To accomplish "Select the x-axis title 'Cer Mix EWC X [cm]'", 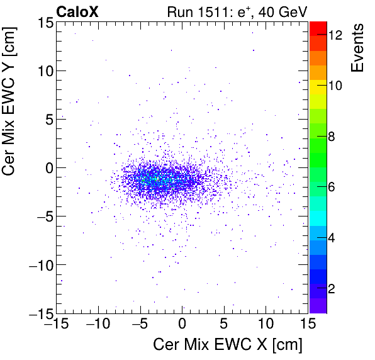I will (x=228, y=345).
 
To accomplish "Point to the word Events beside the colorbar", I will (x=359, y=48).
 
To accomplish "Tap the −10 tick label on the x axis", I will (x=97, y=325).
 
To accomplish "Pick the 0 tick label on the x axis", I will (x=182, y=325).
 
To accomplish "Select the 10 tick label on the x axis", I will (x=266, y=325).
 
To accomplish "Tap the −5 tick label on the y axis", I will (x=42, y=216).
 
